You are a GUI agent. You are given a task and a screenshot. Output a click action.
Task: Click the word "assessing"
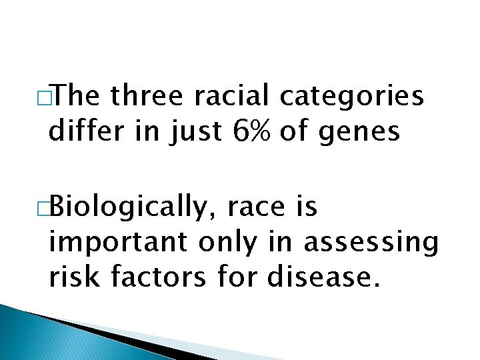[x=371, y=244]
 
